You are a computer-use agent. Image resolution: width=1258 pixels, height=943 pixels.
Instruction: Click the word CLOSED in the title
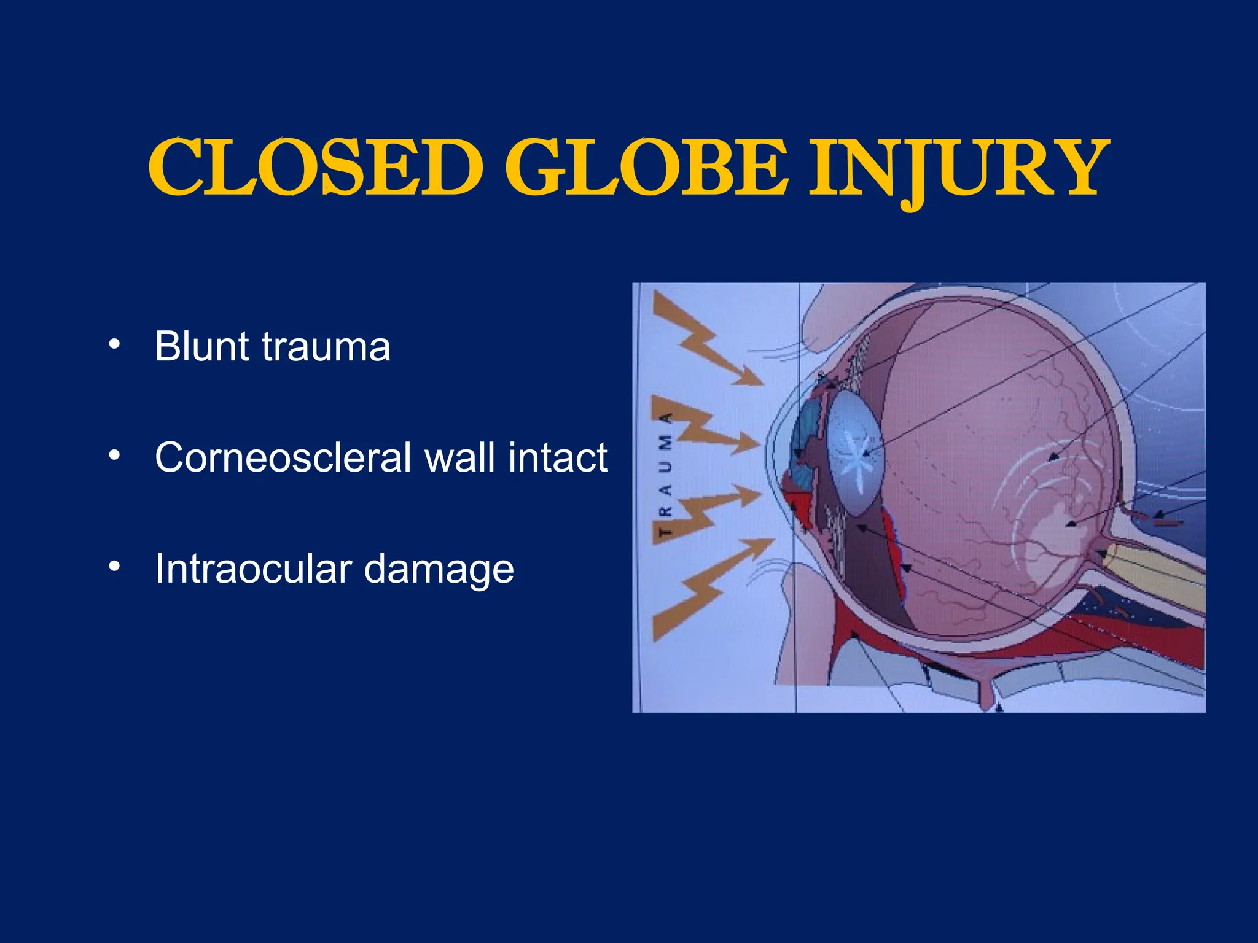click(315, 167)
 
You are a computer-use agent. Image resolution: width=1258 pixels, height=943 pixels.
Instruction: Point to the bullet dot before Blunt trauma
click(114, 344)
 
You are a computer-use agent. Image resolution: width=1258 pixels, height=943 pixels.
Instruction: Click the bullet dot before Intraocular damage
click(114, 567)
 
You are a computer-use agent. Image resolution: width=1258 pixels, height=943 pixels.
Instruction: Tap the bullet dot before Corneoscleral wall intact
click(114, 456)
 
